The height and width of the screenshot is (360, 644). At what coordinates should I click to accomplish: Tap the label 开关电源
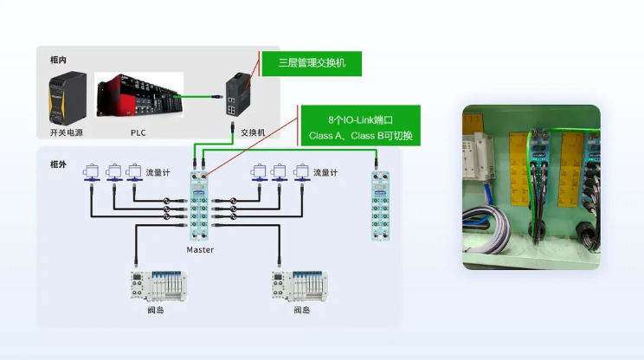coord(68,132)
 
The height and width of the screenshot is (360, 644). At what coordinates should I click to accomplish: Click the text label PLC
coord(138,132)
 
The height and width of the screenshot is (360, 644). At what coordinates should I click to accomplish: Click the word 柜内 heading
coord(59,60)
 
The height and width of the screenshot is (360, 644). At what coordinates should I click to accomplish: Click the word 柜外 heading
coord(59,164)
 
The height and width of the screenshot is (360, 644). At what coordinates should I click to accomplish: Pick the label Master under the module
coord(200,250)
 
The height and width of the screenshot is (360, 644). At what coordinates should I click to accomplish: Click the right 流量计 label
coord(325,172)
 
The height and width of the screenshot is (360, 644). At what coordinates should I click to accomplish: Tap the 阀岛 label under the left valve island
coord(156,310)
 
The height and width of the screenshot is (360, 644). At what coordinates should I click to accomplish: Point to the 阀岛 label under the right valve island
coord(301,310)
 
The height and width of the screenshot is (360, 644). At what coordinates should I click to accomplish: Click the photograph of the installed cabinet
coord(531,187)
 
